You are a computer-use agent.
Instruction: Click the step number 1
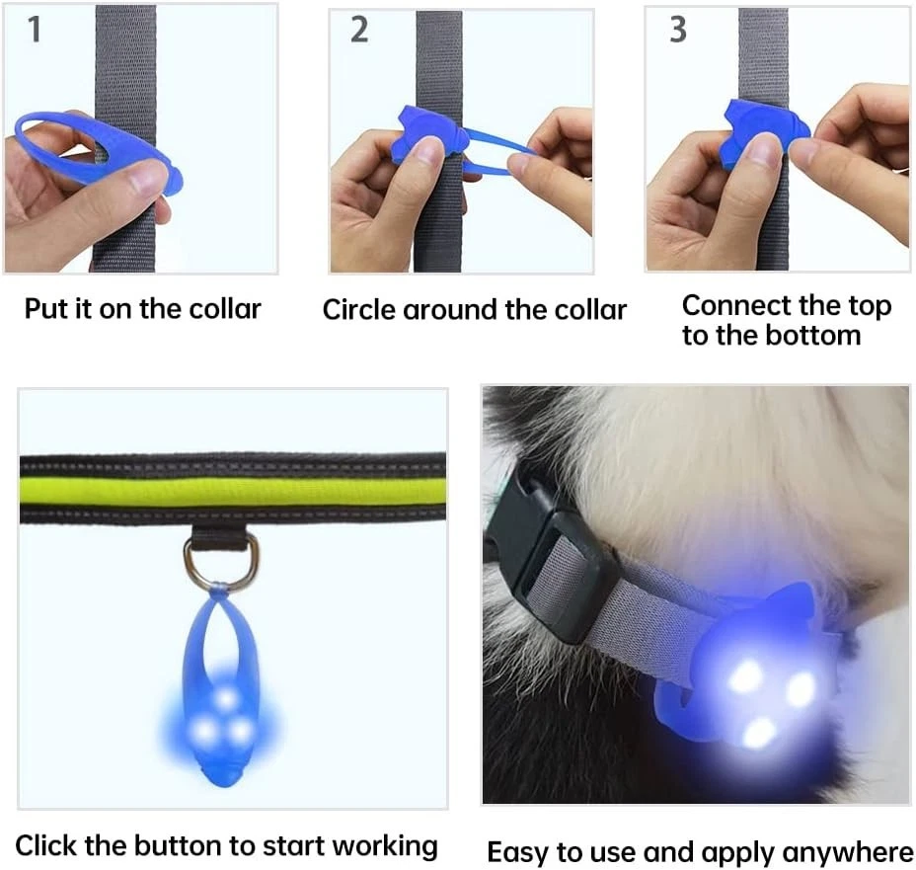35,30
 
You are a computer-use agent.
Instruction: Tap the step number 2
359,31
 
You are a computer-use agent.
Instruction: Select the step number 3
677,31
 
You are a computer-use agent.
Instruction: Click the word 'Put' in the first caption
46,308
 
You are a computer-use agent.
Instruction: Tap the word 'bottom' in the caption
813,336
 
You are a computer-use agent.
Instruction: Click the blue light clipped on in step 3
760,132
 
